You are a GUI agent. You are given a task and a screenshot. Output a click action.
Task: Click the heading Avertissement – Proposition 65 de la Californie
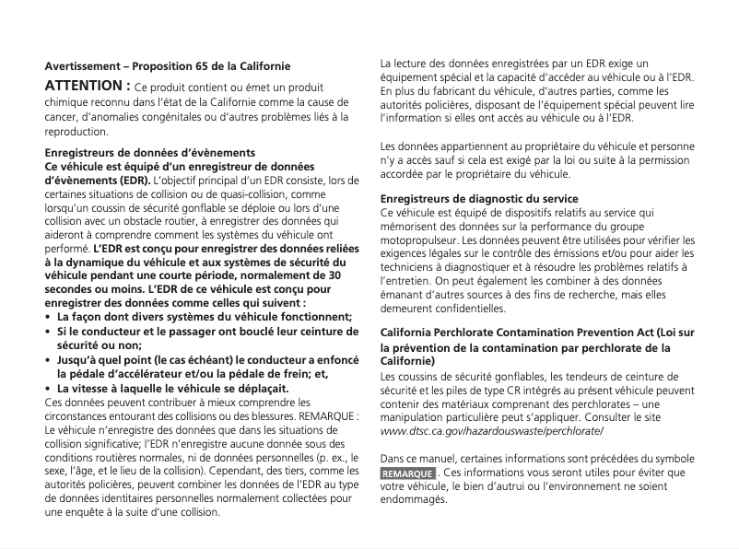[x=168, y=67]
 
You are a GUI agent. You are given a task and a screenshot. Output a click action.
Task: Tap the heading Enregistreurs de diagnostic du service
[x=479, y=199]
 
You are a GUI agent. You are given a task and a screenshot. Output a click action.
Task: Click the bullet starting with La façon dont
[x=204, y=317]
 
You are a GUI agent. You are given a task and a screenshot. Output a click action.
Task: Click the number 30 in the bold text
[x=334, y=274]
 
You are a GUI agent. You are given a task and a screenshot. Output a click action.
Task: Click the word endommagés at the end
[x=413, y=500]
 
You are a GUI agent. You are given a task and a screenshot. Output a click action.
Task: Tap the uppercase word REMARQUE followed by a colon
[x=329, y=415]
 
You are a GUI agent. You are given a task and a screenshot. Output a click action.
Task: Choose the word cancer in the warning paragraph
[x=60, y=118]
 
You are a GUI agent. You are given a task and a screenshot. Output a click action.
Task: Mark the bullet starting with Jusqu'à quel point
[x=204, y=359]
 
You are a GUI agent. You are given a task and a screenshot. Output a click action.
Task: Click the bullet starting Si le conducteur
[x=204, y=331]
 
